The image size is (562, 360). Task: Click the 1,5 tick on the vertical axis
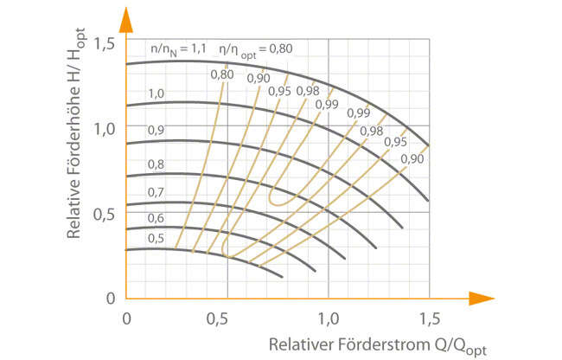[105, 42]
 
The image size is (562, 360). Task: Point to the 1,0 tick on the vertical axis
[105, 128]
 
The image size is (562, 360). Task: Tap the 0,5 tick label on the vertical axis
[105, 213]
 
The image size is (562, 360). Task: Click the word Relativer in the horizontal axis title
[299, 344]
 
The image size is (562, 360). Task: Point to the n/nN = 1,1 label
[176, 50]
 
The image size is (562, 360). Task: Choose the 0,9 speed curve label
[156, 130]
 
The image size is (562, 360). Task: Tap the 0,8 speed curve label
[156, 164]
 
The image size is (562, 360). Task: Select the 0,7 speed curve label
[156, 191]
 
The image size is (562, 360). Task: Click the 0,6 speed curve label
[156, 217]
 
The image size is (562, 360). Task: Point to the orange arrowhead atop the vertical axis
[126, 19]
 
